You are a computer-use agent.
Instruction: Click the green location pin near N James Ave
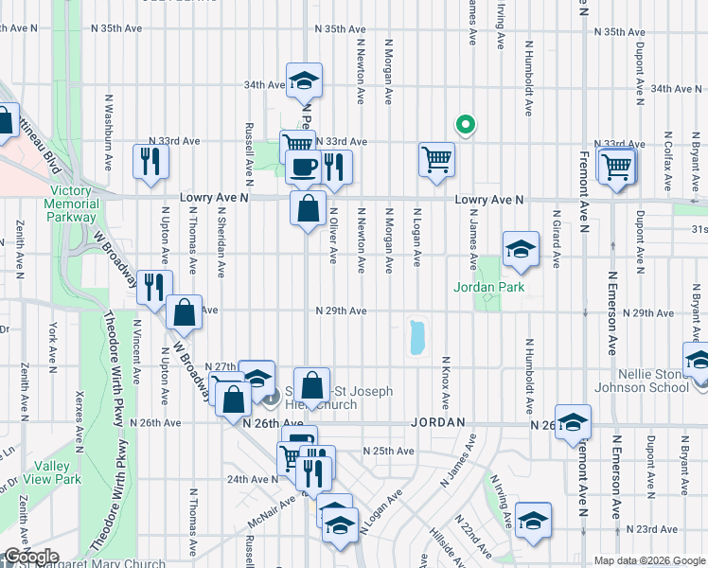465,124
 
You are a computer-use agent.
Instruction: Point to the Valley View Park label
55,472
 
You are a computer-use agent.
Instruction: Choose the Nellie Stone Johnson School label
643,381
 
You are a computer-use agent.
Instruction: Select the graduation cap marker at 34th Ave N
305,80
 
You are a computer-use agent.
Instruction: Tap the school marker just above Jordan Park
521,248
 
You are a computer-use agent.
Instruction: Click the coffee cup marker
303,167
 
